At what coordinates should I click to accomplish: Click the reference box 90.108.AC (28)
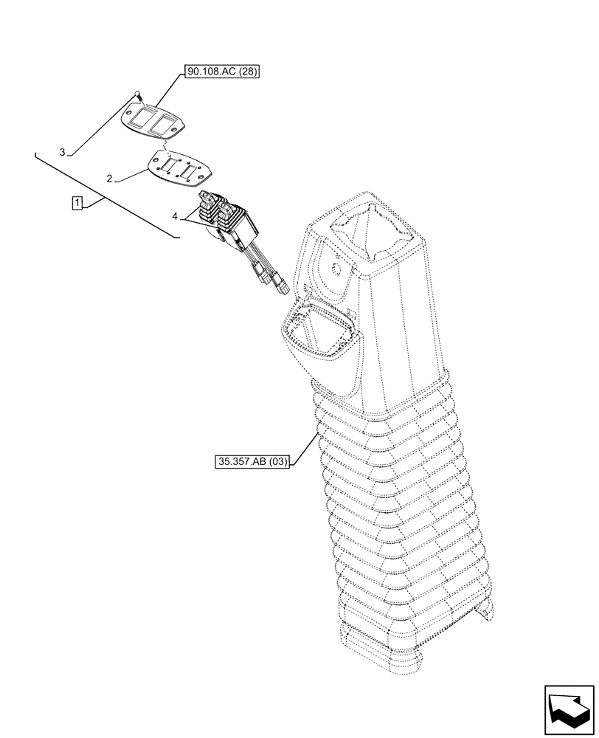click(223, 72)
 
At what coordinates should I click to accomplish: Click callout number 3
click(63, 152)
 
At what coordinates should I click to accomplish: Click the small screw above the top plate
click(138, 94)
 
